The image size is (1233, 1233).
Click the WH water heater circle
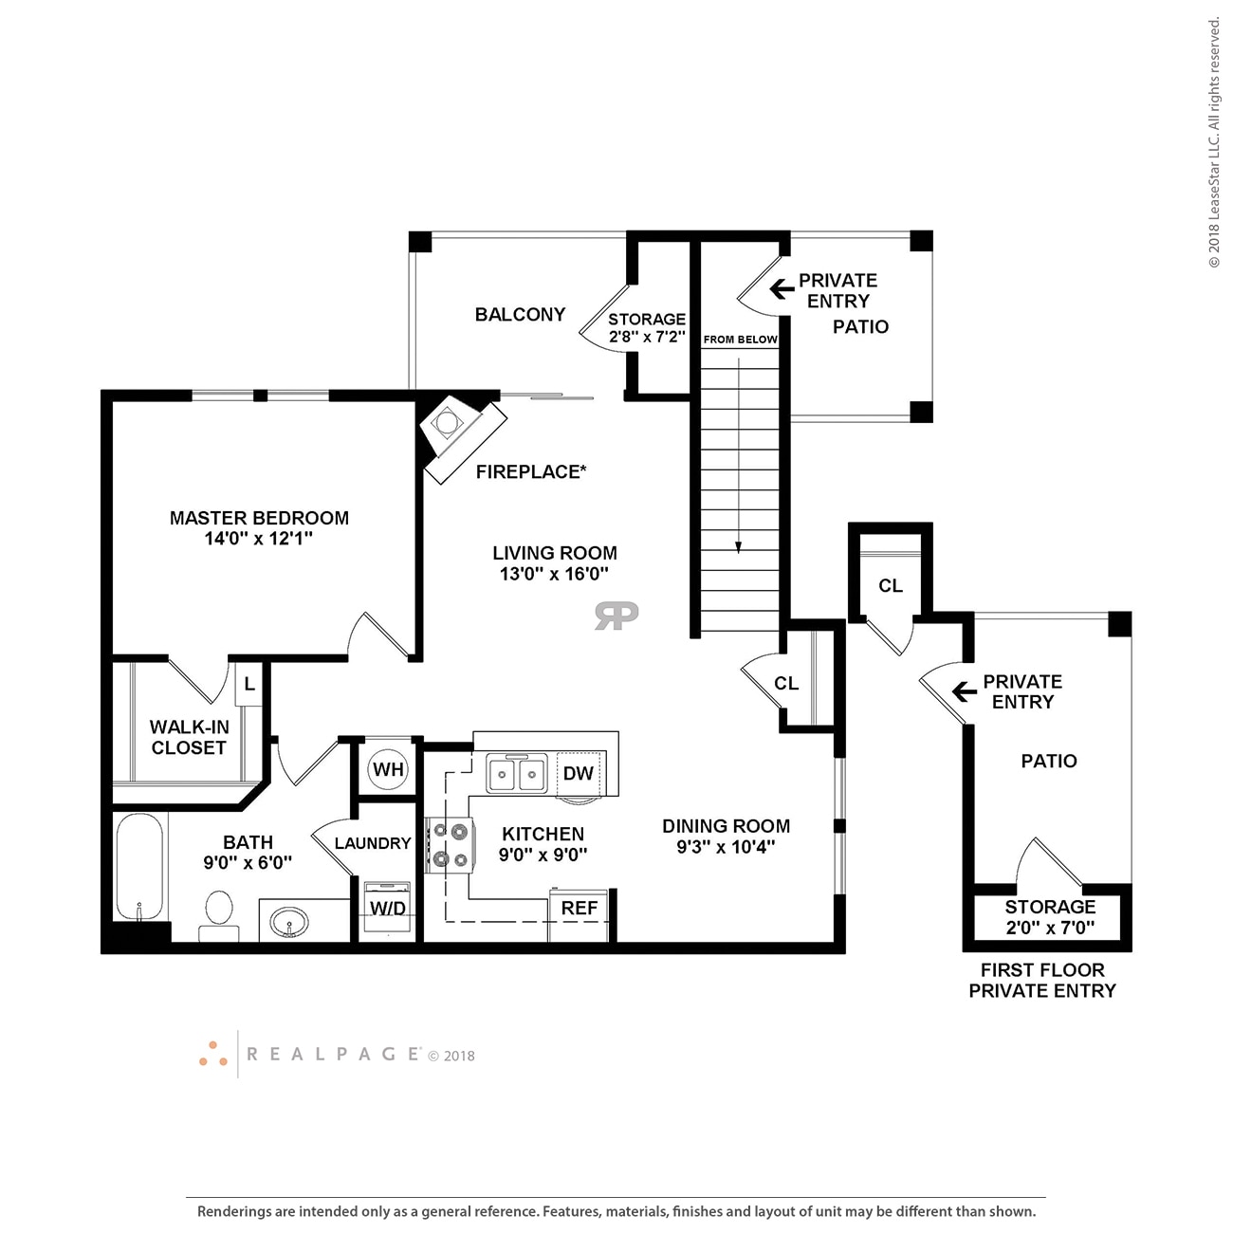[x=388, y=769]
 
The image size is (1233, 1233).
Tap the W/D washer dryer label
[x=388, y=909]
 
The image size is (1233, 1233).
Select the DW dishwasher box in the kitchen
[x=578, y=773]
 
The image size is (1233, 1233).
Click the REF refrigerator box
[x=579, y=909]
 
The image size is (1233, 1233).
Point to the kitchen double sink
[x=517, y=774]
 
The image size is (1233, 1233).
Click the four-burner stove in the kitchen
[x=450, y=846]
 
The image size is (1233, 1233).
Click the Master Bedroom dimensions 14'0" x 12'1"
[x=259, y=539]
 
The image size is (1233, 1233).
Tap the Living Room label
[x=555, y=553]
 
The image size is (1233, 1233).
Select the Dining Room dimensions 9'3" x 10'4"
[x=726, y=847]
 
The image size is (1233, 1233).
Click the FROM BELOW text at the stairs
[x=740, y=340]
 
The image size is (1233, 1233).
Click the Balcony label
[x=520, y=314]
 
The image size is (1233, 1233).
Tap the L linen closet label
[x=248, y=683]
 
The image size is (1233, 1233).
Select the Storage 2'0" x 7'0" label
[x=1050, y=917]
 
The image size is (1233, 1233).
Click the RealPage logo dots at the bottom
[x=213, y=1054]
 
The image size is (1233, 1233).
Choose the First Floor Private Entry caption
[x=1042, y=980]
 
